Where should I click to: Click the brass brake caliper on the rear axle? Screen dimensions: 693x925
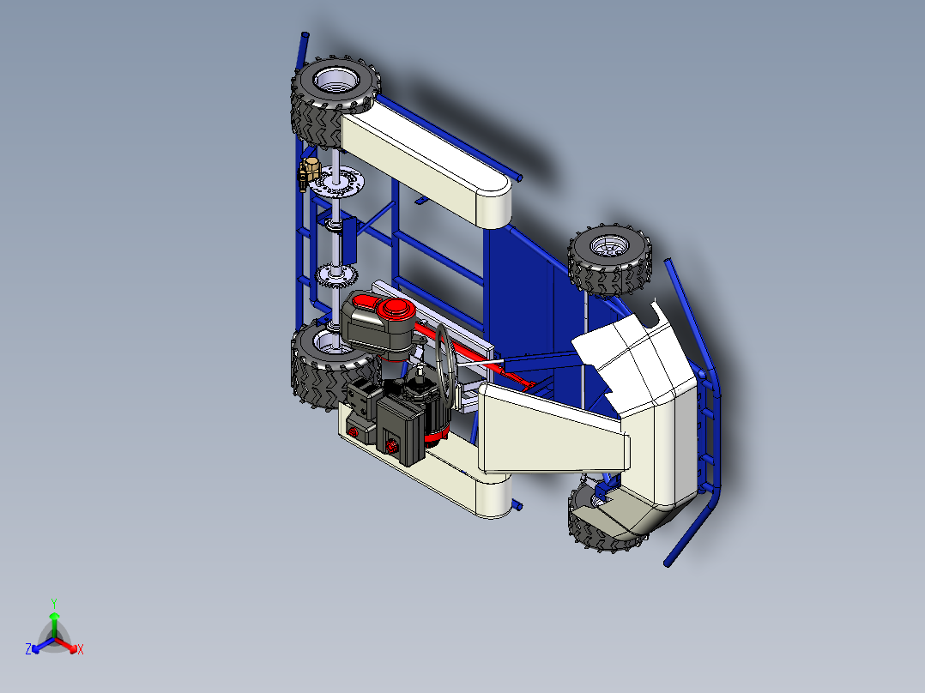tap(305, 172)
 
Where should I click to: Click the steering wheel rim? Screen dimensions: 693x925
tap(445, 360)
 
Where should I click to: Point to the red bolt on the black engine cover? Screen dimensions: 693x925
tap(391, 446)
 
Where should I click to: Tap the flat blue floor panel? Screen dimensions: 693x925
tap(523, 283)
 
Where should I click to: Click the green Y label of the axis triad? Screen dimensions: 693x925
tap(53, 603)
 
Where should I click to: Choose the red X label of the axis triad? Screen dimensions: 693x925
tap(81, 650)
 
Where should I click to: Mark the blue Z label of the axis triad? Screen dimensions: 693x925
tap(28, 649)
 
